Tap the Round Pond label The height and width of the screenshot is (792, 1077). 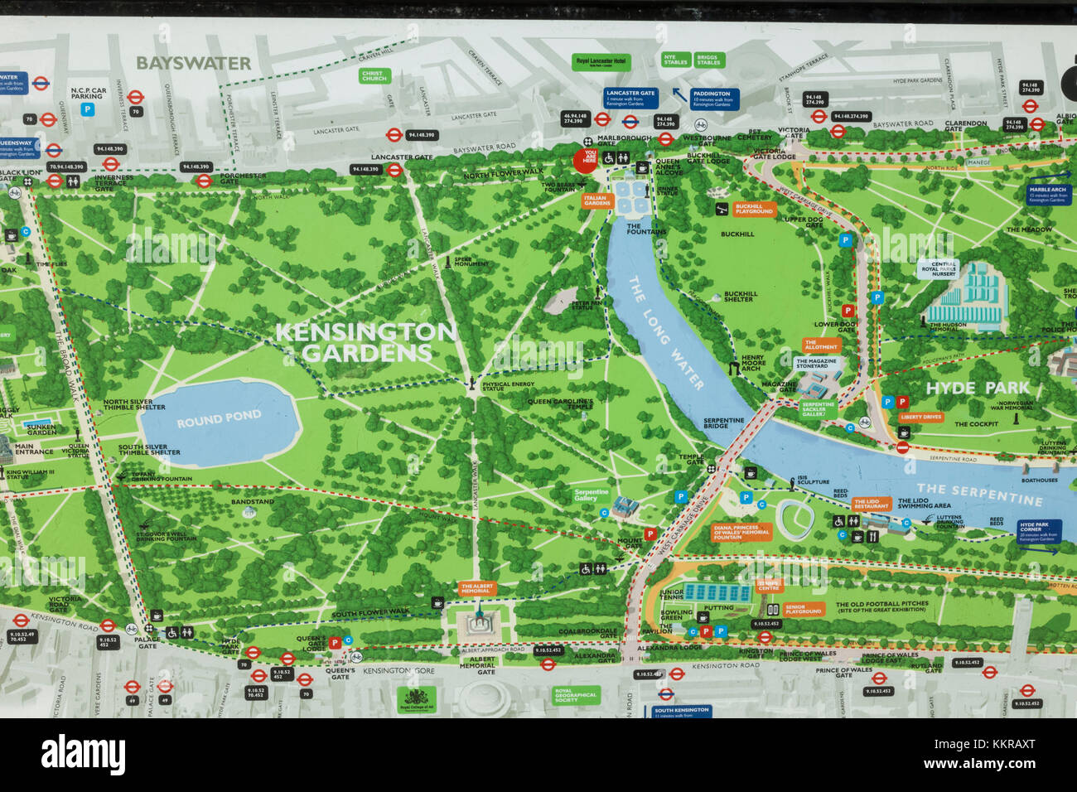point(219,419)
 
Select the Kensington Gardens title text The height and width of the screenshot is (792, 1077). point(365,342)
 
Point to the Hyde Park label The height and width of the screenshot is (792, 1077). point(977,388)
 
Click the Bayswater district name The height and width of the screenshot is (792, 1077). point(193,63)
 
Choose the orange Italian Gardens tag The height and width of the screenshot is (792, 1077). point(595,200)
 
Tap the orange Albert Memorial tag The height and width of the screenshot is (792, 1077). point(476,588)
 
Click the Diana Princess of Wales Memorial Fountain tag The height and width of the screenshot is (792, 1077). point(742,532)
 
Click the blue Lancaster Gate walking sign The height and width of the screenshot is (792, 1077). point(630,98)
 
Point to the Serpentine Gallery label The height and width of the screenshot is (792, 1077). point(591,494)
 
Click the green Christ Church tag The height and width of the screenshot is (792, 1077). point(374,76)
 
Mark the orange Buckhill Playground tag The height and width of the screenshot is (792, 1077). point(754,210)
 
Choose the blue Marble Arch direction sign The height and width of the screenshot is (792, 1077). point(1048,194)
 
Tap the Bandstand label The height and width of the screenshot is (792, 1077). point(252,502)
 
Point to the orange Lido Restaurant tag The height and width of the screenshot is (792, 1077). point(872,504)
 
